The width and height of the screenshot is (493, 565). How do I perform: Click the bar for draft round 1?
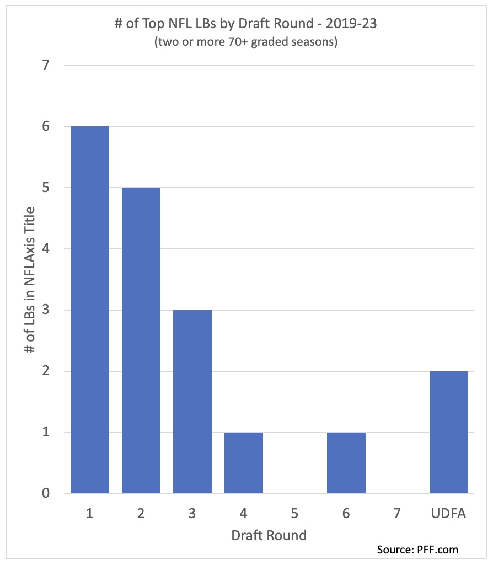pyautogui.click(x=90, y=310)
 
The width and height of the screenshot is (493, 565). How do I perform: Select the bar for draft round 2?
pyautogui.click(x=141, y=340)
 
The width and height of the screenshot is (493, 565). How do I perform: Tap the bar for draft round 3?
pyautogui.click(x=192, y=402)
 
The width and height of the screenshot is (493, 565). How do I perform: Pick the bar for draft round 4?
pyautogui.click(x=244, y=463)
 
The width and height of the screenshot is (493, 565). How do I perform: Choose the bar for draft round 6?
pyautogui.click(x=346, y=463)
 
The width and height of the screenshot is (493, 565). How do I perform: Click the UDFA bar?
pyautogui.click(x=448, y=432)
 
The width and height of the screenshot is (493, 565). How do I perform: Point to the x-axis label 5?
pyautogui.click(x=295, y=514)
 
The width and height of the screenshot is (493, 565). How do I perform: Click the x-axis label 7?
pyautogui.click(x=398, y=514)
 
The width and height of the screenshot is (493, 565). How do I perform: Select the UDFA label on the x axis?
pyautogui.click(x=448, y=514)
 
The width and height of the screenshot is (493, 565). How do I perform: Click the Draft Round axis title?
pyautogui.click(x=269, y=535)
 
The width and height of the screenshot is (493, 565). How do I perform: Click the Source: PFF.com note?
pyautogui.click(x=417, y=550)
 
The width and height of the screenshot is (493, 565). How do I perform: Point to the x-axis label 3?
pyautogui.click(x=192, y=514)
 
